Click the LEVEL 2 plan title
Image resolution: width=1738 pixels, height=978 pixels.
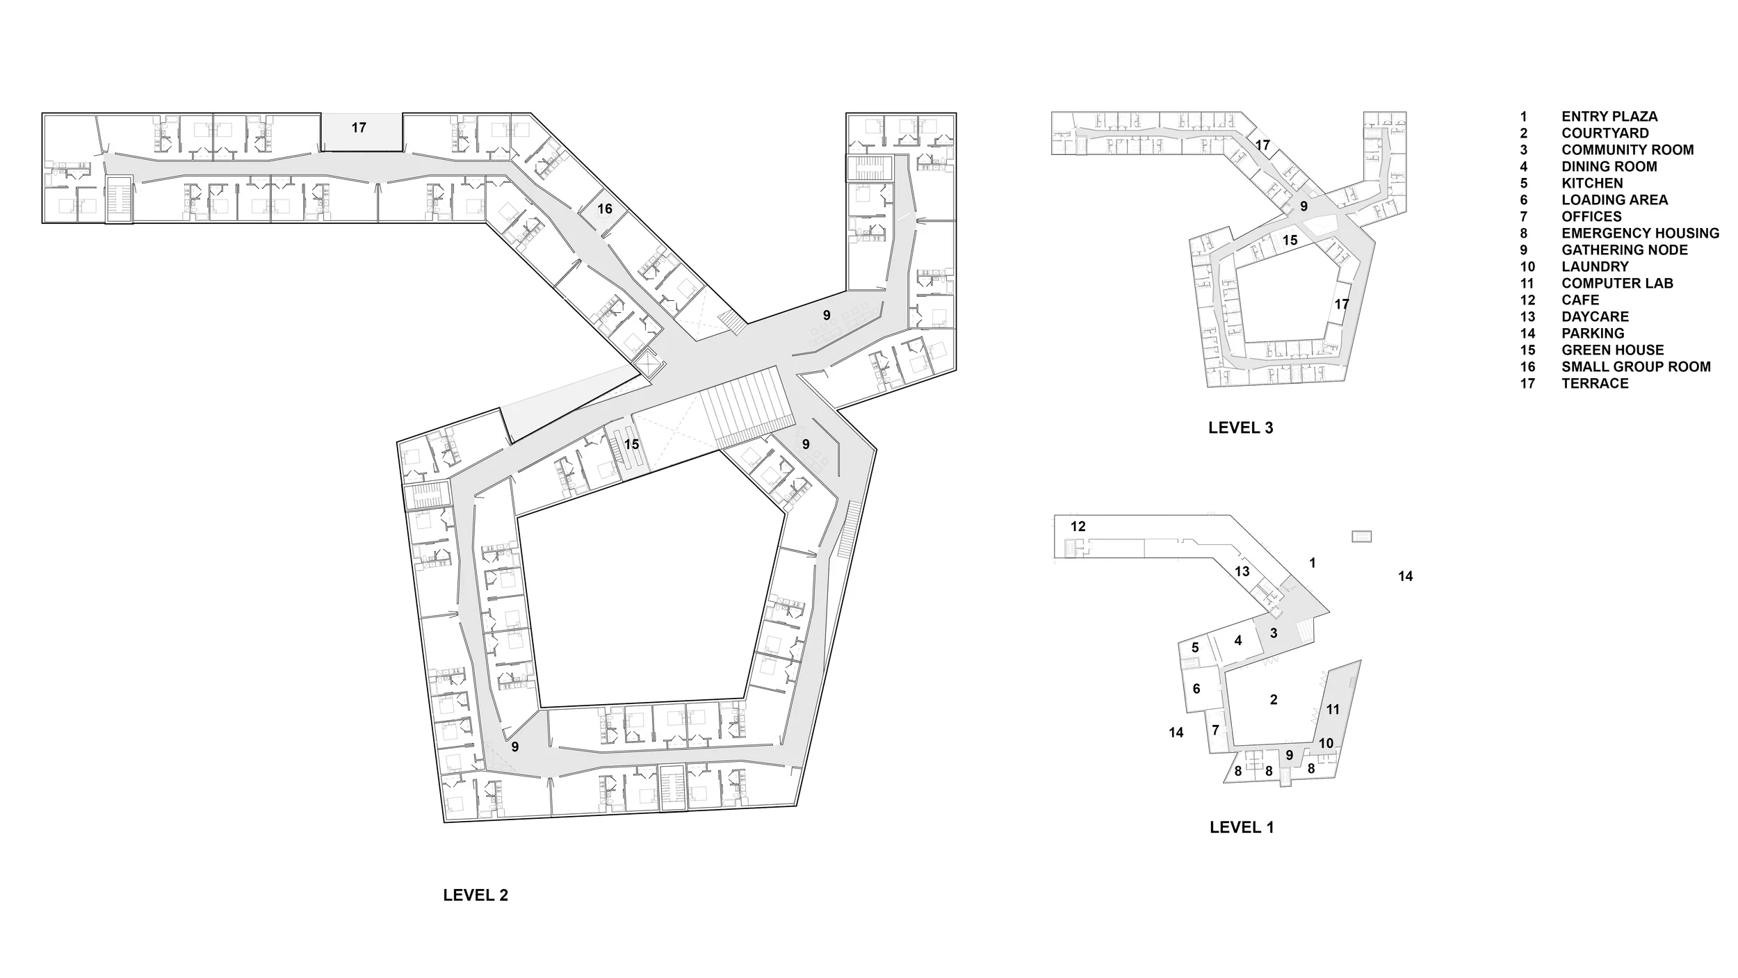coord(476,895)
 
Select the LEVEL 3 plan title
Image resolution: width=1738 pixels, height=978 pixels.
coord(1240,428)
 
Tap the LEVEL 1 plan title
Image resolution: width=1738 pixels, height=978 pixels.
coord(1242,827)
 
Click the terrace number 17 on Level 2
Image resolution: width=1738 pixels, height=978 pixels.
coord(359,128)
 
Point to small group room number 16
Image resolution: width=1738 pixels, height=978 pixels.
coord(605,209)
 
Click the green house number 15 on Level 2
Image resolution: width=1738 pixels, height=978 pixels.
coord(631,444)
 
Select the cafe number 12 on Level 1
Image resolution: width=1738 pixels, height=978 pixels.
coord(1078,527)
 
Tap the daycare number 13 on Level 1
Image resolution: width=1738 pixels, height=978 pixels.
coord(1242,571)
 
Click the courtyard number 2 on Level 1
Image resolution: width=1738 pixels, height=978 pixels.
coord(1274,700)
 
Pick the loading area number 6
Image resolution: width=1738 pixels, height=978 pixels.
coord(1196,689)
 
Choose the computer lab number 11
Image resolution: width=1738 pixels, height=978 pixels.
coord(1333,710)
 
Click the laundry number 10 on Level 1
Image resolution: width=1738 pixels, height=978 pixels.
coord(1326,743)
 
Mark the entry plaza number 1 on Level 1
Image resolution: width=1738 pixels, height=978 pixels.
coord(1313,563)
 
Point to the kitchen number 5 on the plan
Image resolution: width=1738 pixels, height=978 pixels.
coord(1195,648)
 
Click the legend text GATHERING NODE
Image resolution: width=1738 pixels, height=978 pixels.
coord(1625,250)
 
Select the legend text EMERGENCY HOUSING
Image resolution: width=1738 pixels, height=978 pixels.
coord(1641,234)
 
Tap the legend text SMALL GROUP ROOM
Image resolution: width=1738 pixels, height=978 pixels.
coord(1637,367)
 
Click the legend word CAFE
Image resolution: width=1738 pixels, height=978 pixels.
coord(1580,300)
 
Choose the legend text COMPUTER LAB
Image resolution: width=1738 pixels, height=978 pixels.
coord(1618,284)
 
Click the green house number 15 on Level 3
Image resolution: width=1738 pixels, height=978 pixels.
coord(1290,241)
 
